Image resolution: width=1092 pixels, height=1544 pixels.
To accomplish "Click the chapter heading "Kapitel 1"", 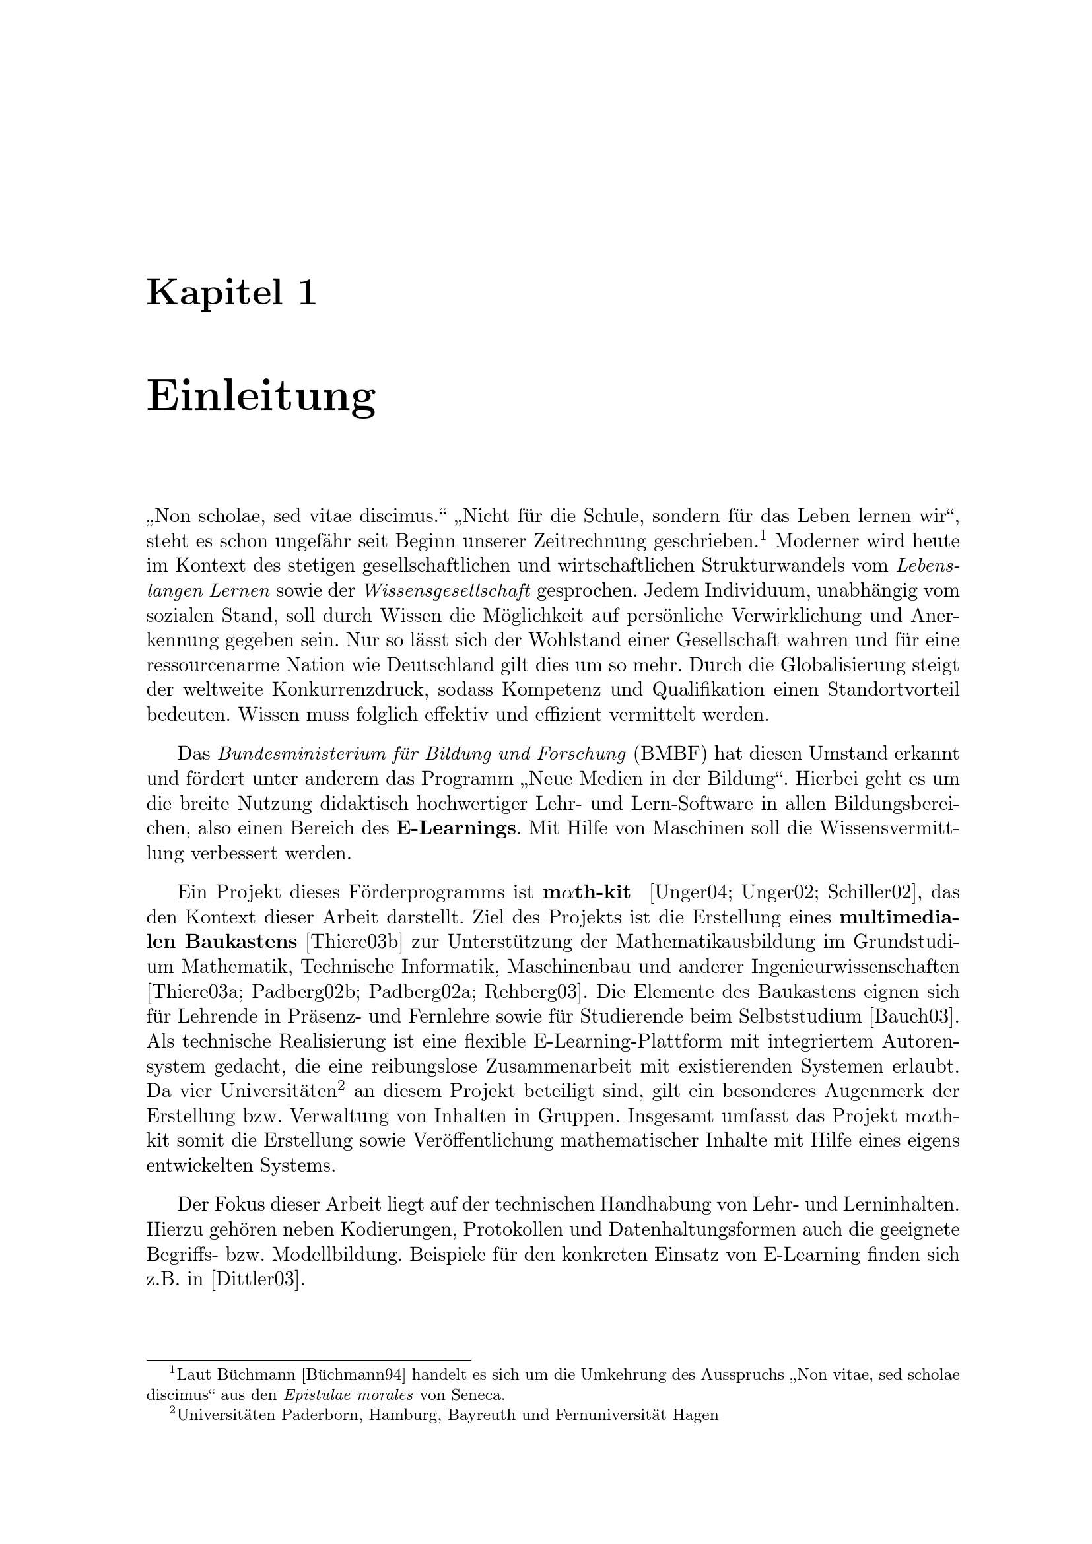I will [231, 292].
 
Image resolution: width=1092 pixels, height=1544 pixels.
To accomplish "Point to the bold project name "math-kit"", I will [586, 893].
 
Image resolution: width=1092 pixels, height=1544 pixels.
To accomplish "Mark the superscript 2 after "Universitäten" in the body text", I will [341, 1085].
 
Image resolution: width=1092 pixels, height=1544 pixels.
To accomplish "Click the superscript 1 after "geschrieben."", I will [763, 535].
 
